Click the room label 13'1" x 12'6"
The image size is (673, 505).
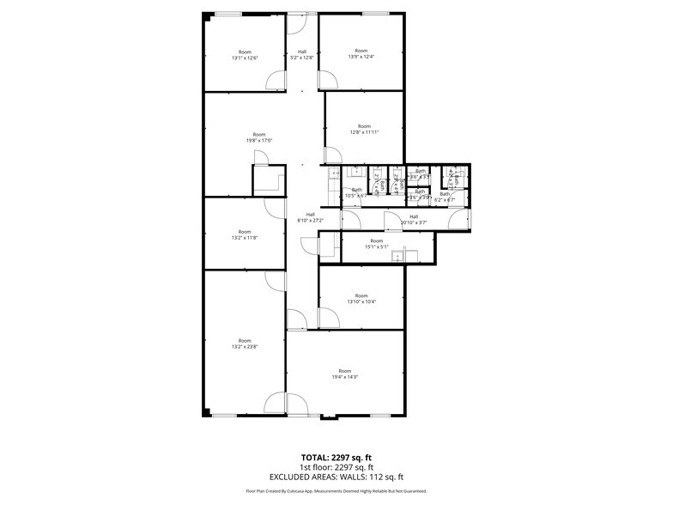245,55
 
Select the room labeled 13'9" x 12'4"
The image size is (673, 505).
361,54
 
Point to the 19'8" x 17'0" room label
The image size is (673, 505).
245,137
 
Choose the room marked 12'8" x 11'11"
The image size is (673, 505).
364,130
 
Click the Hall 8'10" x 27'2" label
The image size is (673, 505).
311,217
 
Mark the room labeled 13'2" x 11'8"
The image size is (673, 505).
245,234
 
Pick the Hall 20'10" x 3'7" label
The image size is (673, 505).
414,220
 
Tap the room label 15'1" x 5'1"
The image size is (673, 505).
376,244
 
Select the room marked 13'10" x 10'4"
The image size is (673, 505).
361,299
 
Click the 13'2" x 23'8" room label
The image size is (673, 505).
245,344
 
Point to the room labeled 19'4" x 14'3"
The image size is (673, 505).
345,374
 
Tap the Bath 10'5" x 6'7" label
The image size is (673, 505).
355,192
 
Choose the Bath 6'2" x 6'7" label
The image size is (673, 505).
445,197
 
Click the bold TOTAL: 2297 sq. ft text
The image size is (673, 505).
336,457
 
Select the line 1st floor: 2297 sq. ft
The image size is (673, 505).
336,466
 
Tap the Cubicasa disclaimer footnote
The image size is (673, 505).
336,491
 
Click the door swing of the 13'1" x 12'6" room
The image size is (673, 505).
275,82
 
